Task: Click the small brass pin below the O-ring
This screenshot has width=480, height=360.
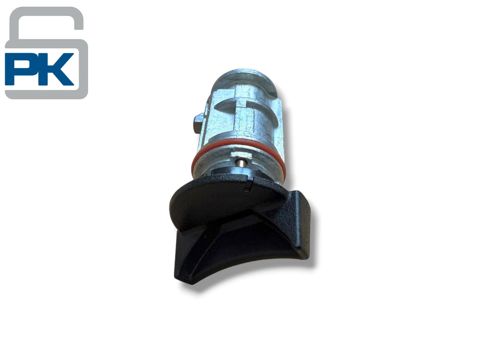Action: (241, 162)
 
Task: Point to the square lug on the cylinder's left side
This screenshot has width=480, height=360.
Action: (199, 123)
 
